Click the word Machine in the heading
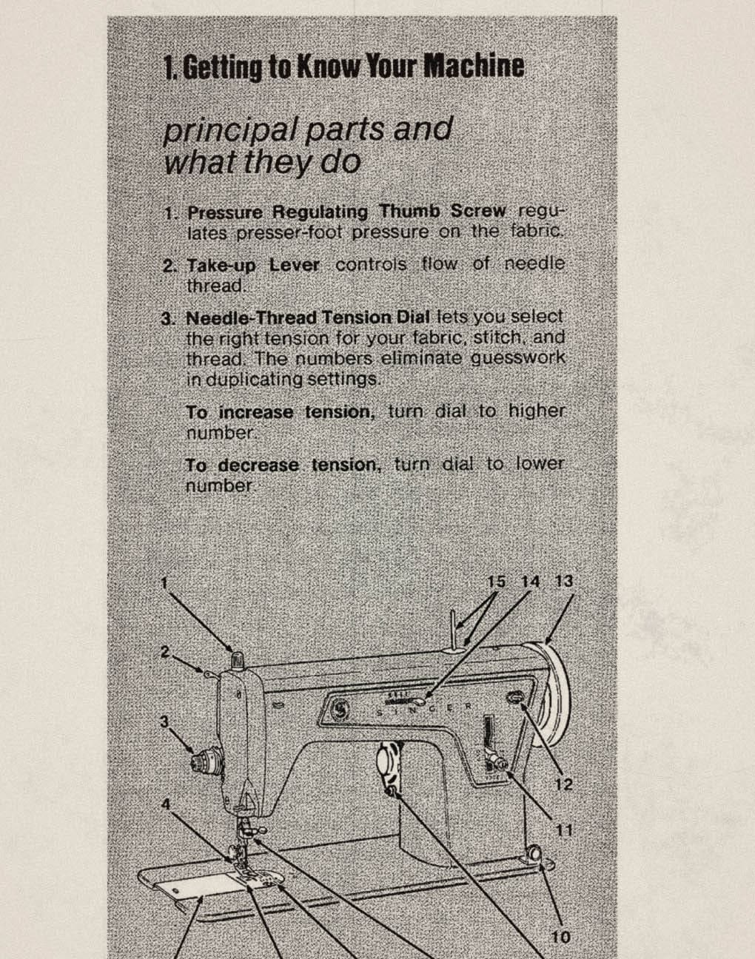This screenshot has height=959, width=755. (x=473, y=67)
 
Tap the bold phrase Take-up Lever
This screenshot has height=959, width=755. (x=252, y=265)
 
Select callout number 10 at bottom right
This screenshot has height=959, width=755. (x=561, y=937)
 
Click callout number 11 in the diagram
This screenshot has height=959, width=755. (x=564, y=830)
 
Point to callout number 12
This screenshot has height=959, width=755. (x=564, y=784)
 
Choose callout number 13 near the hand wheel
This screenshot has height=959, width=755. (x=564, y=582)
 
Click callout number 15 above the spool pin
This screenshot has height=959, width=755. (x=496, y=582)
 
